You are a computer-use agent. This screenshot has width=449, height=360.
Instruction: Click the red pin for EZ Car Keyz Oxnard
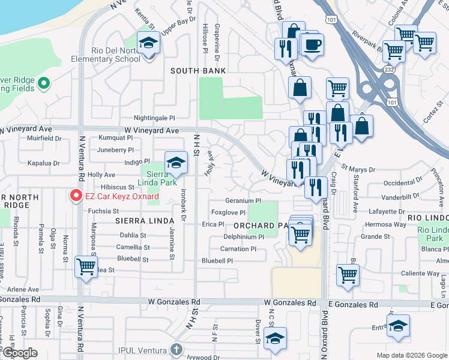pos(76,196)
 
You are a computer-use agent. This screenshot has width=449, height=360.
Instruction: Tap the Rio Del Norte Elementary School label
pos(116,55)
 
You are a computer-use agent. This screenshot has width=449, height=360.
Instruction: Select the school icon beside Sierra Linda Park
pos(176,163)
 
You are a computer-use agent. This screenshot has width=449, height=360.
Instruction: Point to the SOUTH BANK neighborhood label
pos(198,71)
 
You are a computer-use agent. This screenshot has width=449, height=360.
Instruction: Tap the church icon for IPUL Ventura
pos(176,349)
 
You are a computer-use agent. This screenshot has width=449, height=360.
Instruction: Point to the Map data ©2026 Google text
pos(411,355)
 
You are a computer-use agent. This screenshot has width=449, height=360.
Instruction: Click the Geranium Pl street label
pos(243,201)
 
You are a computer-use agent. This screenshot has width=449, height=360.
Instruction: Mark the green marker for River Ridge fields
pos(43,84)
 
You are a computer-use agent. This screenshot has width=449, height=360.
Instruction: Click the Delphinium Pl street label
pos(244,237)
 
